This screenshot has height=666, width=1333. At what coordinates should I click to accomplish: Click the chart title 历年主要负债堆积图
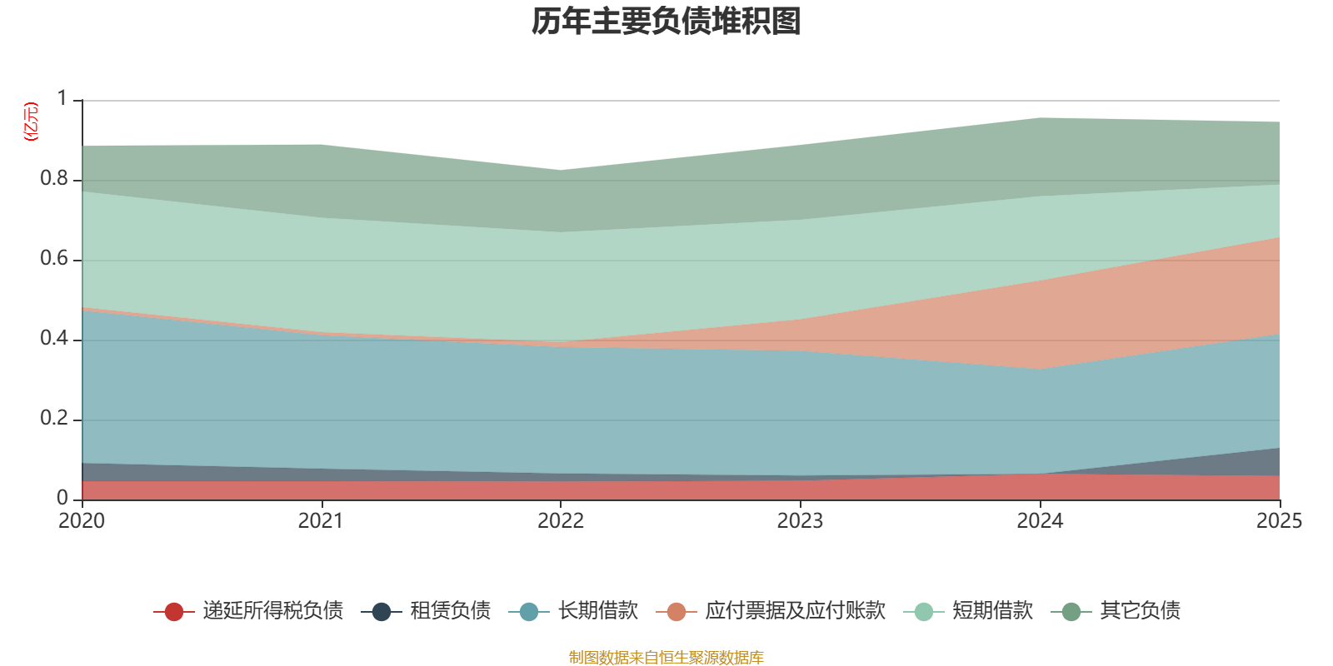tap(666, 22)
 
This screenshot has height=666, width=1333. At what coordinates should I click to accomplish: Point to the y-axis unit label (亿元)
tap(31, 122)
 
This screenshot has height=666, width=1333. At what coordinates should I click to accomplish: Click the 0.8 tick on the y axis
tap(54, 179)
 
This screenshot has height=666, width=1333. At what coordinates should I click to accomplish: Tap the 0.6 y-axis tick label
tap(54, 259)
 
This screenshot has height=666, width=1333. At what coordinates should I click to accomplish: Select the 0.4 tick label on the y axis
tap(54, 339)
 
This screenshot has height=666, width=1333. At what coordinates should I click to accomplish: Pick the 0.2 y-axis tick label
tap(54, 419)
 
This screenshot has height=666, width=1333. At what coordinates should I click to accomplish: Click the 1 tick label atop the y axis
tap(62, 99)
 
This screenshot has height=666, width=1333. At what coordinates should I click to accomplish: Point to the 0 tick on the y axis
tap(62, 498)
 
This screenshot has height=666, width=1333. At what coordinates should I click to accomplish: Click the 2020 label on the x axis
tap(82, 521)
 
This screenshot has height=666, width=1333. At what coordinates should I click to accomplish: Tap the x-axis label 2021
tap(321, 521)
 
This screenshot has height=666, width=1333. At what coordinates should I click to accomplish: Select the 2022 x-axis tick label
tap(561, 521)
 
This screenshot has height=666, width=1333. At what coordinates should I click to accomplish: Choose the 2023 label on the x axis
tap(800, 521)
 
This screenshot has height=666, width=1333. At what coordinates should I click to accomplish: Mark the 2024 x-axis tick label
tap(1040, 521)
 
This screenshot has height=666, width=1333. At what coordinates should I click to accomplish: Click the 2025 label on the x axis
tap(1279, 521)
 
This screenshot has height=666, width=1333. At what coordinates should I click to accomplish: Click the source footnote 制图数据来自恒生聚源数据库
tap(666, 658)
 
